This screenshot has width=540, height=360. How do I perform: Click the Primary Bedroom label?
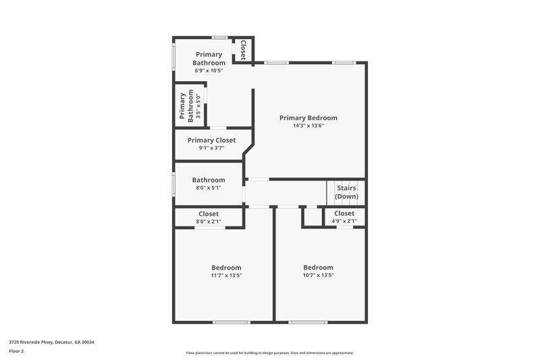coord(308,118)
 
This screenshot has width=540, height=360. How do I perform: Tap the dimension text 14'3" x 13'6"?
coord(308,126)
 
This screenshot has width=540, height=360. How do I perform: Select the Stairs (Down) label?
coord(346,192)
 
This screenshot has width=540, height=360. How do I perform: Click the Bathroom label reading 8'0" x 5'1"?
coord(209,180)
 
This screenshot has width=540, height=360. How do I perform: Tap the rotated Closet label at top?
coord(242,50)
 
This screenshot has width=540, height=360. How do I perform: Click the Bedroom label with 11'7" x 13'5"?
coord(226,267)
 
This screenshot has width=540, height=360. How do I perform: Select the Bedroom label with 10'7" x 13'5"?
coord(318,267)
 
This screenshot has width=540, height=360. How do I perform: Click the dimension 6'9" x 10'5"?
coord(209,70)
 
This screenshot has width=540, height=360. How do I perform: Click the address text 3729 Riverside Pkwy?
coord(51,342)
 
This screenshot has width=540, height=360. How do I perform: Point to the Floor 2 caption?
coord(16,351)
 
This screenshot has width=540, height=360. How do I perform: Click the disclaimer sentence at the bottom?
coord(270,353)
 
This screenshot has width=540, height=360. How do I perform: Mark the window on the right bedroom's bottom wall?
coord(308,322)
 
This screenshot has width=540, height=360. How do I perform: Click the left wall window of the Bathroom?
coord(173,182)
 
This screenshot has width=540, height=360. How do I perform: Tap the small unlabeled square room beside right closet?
coord(312,217)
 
